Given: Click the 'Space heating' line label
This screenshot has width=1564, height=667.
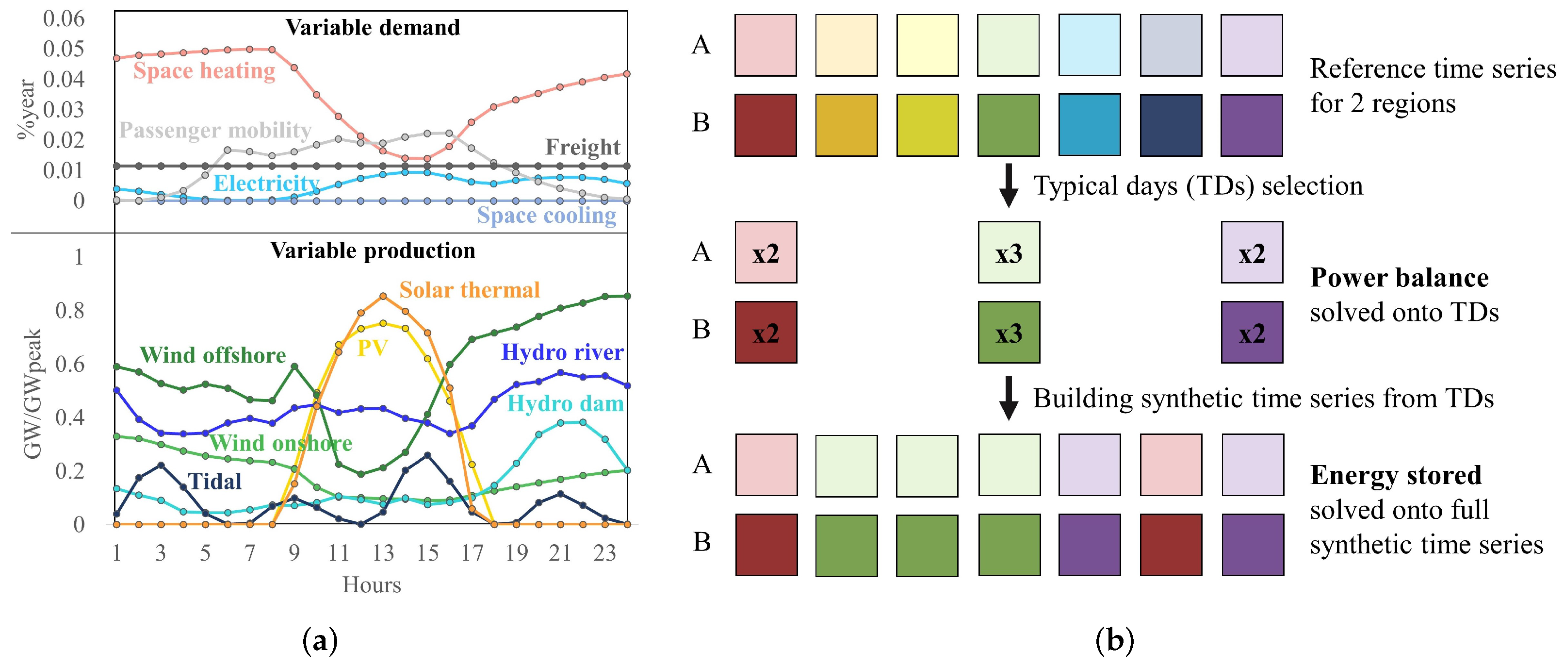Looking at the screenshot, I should [x=204, y=71].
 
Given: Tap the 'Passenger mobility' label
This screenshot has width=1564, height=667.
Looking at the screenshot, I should [x=215, y=130].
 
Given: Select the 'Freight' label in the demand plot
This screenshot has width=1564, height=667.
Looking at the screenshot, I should [x=582, y=147].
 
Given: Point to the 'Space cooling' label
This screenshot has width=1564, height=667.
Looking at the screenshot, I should [x=546, y=215].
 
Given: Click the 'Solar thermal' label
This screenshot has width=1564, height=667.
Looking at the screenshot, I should [x=469, y=290].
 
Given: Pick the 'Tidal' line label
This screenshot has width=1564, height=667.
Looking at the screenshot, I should [x=215, y=482].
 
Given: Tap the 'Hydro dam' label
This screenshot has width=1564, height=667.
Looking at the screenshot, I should [x=565, y=404].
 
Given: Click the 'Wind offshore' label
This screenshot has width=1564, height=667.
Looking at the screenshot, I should [x=212, y=355].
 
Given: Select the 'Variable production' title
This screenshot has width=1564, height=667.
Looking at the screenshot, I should [x=373, y=251].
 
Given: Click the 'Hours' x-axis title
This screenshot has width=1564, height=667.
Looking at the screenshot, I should [x=372, y=584].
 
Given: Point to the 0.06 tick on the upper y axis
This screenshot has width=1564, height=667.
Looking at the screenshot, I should [x=64, y=19].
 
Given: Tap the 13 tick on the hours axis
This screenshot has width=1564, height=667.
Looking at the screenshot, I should [x=383, y=553].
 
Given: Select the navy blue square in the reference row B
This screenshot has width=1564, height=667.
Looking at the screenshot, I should [x=1171, y=125].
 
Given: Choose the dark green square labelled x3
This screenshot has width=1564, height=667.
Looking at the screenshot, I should [x=1009, y=332].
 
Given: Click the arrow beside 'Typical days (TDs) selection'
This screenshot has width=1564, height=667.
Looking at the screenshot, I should [x=1009, y=185].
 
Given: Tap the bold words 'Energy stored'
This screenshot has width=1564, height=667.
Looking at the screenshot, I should [x=1396, y=476].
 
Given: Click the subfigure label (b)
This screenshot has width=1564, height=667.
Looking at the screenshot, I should [x=1115, y=641].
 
